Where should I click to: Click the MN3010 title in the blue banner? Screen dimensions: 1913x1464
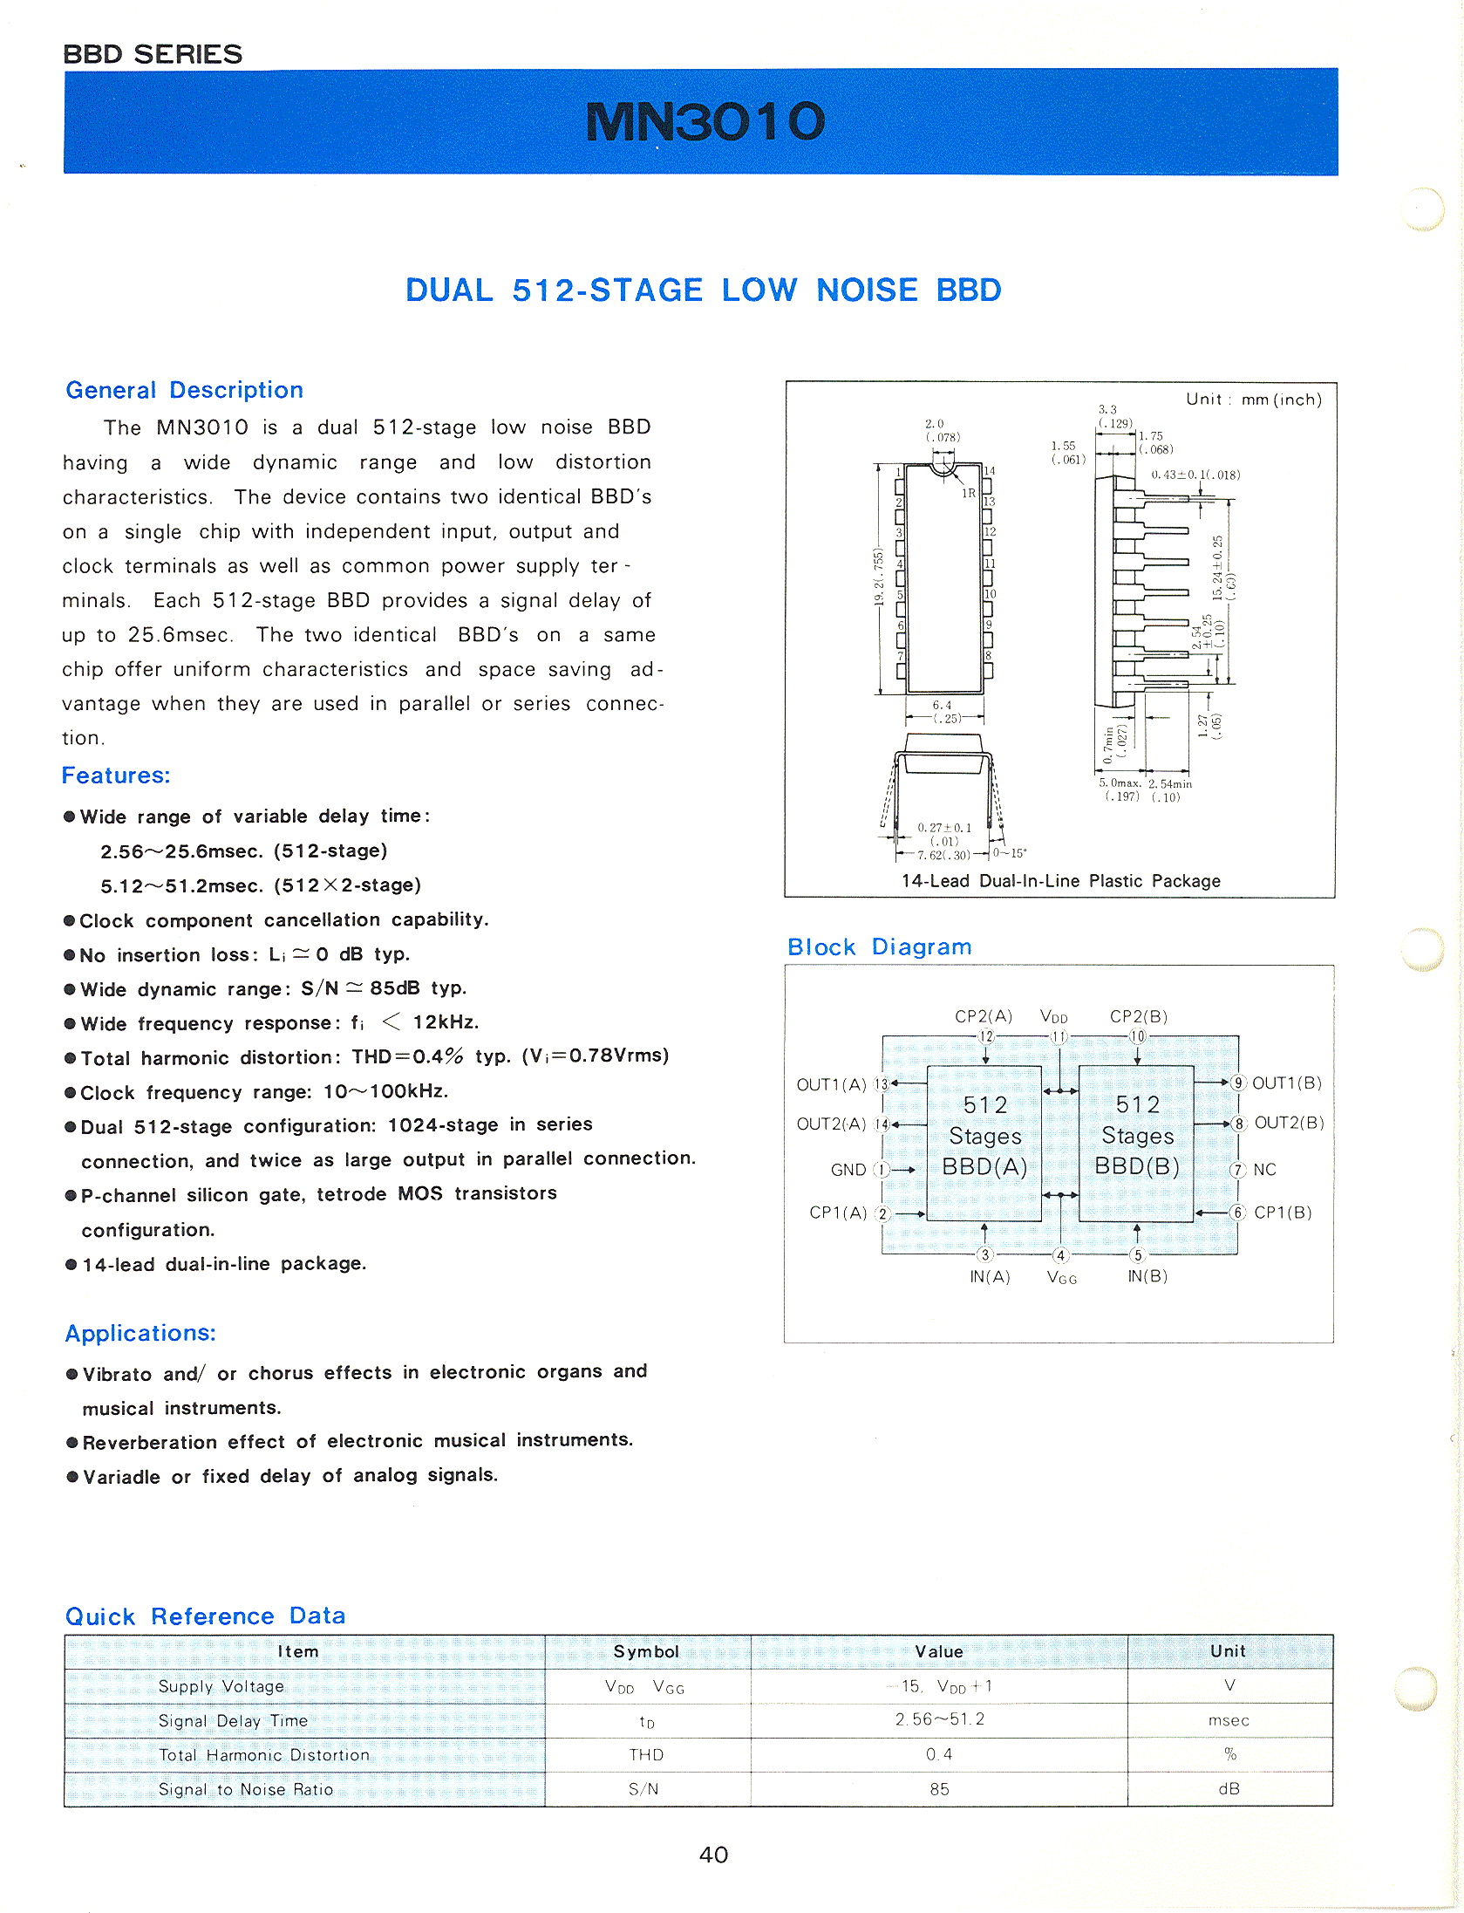point(705,121)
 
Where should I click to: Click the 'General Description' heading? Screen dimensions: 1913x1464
point(184,390)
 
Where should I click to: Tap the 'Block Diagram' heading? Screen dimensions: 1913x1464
point(879,946)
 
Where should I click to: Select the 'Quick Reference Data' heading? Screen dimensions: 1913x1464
point(205,1616)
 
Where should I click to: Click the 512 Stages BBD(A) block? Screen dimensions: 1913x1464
point(984,1137)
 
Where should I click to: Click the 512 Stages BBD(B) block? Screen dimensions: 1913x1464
point(1136,1137)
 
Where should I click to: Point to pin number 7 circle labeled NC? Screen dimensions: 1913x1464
point(1237,1170)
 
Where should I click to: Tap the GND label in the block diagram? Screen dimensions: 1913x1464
point(848,1170)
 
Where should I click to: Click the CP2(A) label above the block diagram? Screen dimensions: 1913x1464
point(983,1016)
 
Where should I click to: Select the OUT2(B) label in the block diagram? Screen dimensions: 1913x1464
point(1288,1123)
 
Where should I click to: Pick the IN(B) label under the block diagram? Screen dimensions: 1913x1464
point(1147,1276)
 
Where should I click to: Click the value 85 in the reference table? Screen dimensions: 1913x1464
point(939,1789)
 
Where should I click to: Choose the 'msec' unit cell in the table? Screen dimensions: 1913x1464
point(1229,1720)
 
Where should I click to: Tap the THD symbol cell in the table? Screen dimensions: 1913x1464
point(646,1754)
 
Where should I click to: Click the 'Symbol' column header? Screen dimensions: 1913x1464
point(646,1651)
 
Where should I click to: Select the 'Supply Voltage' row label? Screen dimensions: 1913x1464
point(221,1686)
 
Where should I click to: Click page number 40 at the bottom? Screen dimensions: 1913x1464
point(713,1855)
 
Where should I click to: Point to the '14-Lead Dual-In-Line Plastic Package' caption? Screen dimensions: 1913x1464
point(1060,881)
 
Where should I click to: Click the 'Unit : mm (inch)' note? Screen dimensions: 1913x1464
point(1253,400)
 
